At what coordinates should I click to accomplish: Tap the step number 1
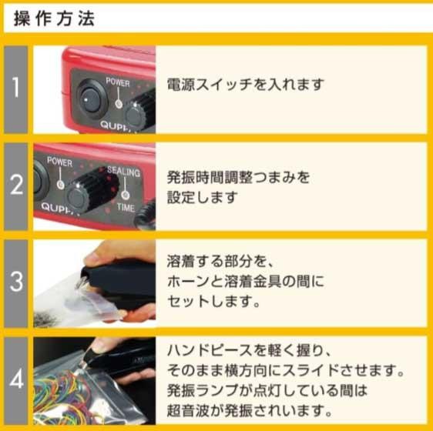point(16,88)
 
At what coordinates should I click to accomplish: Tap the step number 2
point(16,185)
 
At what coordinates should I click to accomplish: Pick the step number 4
point(16,380)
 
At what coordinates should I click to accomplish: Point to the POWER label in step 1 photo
point(118,82)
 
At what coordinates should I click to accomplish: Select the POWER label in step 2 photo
point(59,162)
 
